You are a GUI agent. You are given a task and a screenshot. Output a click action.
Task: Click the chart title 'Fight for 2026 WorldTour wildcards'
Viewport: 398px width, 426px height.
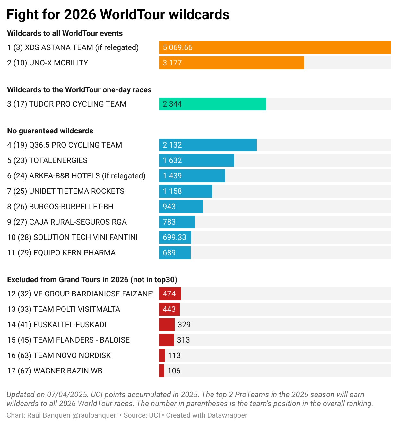click(118, 15)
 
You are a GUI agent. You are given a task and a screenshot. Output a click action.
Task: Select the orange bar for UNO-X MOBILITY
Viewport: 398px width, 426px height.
click(231, 63)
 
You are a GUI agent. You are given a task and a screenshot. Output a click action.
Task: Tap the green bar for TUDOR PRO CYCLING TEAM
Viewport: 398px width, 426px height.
click(212, 104)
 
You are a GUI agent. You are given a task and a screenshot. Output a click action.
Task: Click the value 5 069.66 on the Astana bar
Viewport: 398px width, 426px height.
click(177, 47)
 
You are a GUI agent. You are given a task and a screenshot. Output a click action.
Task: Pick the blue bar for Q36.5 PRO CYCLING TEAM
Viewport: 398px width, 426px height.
click(208, 145)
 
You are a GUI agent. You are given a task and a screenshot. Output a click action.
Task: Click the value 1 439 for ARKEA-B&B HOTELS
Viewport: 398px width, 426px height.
click(172, 176)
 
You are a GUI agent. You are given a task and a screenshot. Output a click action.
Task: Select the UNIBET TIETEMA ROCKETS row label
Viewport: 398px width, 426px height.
click(66, 191)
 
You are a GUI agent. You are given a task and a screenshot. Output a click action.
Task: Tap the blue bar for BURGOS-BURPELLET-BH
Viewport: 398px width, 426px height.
click(181, 207)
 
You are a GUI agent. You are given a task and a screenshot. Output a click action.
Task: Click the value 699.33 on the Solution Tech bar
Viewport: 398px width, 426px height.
click(174, 237)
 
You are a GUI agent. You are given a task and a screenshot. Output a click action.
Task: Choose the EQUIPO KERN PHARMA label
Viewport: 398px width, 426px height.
click(61, 253)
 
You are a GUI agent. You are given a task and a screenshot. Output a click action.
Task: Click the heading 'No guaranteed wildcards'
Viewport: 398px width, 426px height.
click(50, 131)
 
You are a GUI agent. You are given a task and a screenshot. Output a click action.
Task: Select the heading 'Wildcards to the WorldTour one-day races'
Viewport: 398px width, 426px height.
click(79, 90)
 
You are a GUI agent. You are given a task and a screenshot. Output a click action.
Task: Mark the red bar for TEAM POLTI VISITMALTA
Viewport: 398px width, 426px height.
click(169, 309)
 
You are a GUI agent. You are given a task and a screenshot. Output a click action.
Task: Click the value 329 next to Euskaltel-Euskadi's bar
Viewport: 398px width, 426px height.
click(184, 325)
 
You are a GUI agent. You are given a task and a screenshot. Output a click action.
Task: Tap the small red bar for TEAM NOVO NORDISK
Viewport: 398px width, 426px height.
click(162, 355)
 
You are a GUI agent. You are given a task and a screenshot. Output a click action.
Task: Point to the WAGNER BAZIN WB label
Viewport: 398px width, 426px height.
click(55, 371)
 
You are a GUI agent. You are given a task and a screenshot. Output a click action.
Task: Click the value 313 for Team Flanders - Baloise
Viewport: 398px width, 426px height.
click(183, 340)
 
